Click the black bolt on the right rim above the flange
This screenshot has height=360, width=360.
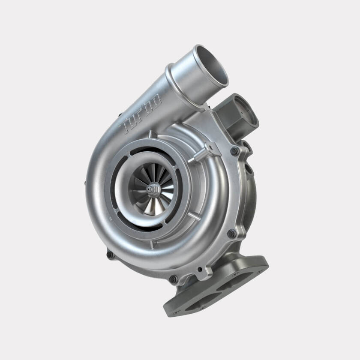click(231, 234)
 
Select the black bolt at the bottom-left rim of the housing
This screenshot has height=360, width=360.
click(111, 255)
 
